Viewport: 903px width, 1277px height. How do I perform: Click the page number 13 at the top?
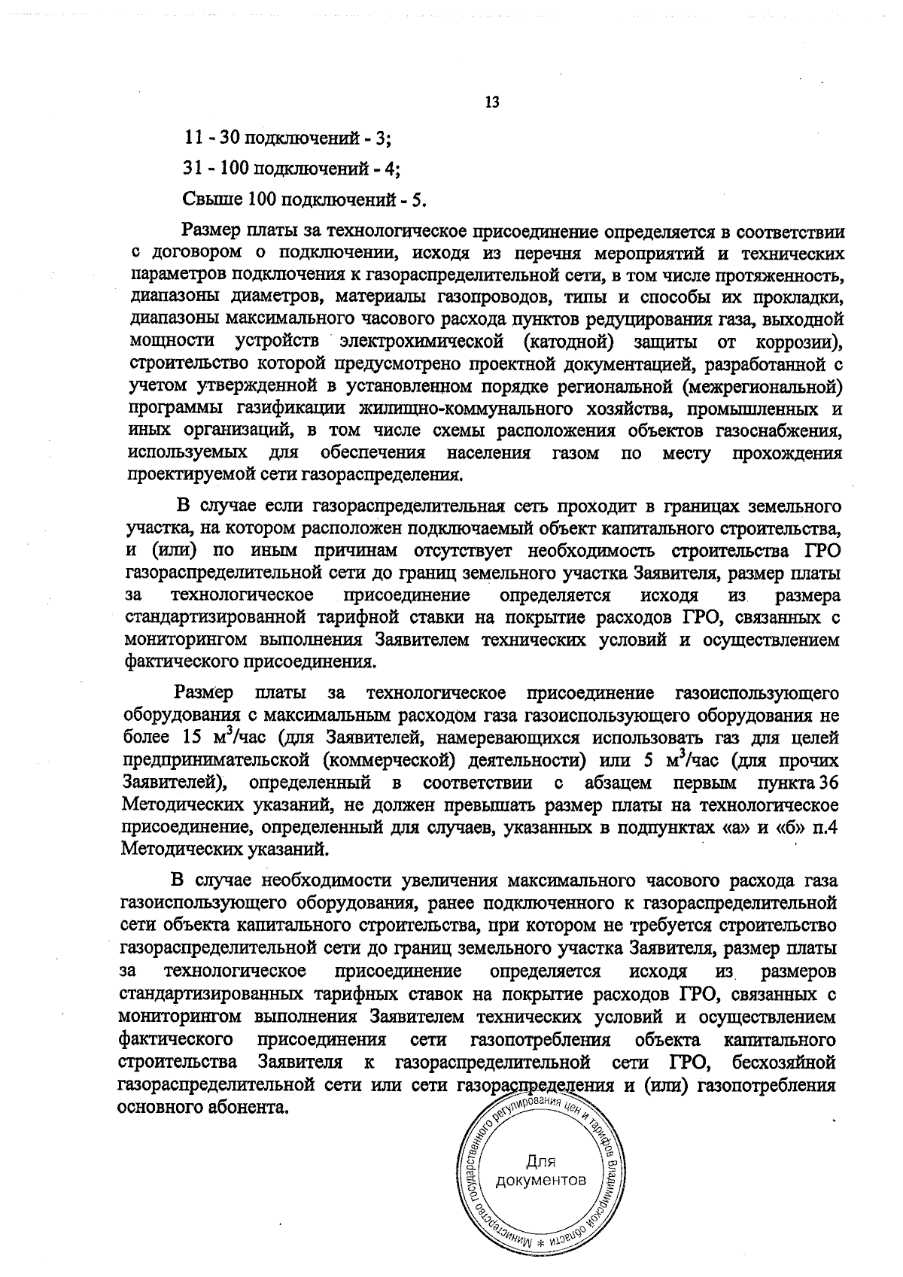click(493, 102)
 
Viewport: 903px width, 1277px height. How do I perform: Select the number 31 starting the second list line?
click(191, 169)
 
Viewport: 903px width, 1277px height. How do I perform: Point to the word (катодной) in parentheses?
click(565, 342)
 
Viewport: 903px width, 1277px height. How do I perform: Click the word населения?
click(488, 453)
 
